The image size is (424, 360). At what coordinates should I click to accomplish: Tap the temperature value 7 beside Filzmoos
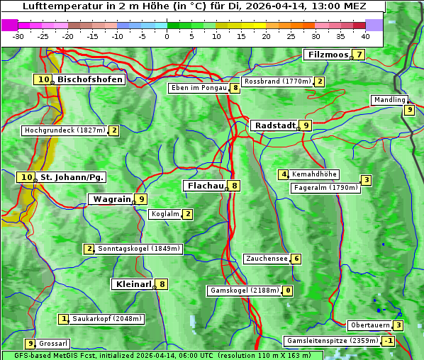coord(359,55)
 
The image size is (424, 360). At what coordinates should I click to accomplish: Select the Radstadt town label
coord(275,125)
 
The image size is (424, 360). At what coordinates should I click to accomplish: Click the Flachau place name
coord(205,186)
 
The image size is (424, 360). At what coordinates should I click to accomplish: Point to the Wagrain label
coord(112,199)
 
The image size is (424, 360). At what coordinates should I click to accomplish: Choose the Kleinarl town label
coord(133,284)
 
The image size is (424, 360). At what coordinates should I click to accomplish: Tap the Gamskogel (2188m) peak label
coord(244,291)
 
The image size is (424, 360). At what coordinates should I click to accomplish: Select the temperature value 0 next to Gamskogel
coord(288,291)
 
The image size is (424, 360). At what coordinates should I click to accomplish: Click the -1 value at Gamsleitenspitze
coord(388,341)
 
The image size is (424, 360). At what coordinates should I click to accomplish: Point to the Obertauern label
coord(370,325)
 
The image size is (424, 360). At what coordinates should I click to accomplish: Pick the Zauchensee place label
coord(267,259)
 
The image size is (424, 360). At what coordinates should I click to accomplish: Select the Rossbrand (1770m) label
coord(277,81)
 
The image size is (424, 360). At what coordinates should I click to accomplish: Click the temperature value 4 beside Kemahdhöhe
coord(284,174)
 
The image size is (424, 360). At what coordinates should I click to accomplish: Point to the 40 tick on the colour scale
coord(365,35)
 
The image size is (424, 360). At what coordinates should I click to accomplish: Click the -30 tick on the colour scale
coord(18,35)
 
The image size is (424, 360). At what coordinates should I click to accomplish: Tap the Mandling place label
coord(389,100)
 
